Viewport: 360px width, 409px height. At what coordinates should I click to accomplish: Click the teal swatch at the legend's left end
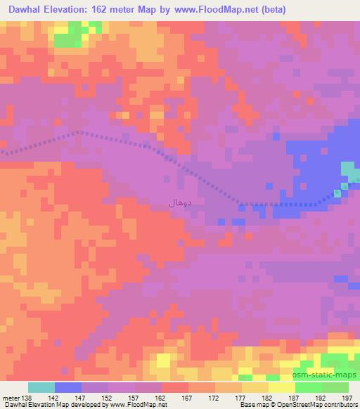tap(41, 387)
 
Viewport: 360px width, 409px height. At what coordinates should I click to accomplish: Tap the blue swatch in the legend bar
tap(68, 387)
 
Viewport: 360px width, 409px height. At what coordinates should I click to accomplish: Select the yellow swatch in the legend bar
tap(281, 387)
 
